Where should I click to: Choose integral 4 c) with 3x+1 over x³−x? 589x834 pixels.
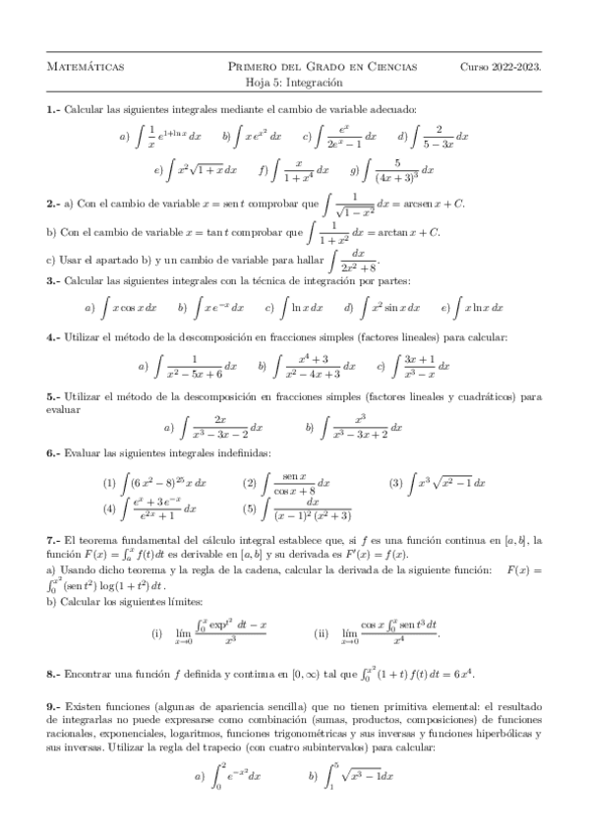point(421,366)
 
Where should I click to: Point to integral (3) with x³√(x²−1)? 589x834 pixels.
point(447,483)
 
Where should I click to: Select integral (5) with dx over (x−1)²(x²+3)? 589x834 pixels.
point(314,508)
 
